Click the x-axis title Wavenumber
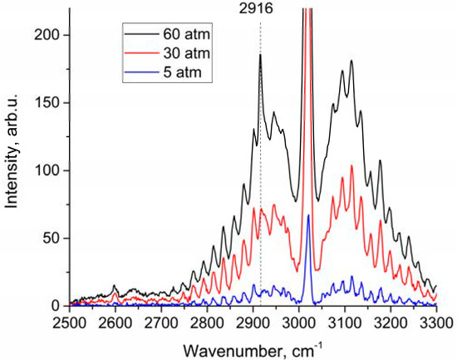tap(253, 346)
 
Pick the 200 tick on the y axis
tap(47, 35)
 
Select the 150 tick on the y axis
tap(47, 103)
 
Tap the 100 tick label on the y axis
tap(47, 170)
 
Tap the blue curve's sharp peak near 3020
tap(308, 215)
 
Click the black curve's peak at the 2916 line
tap(260, 55)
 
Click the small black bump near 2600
tap(115, 286)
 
